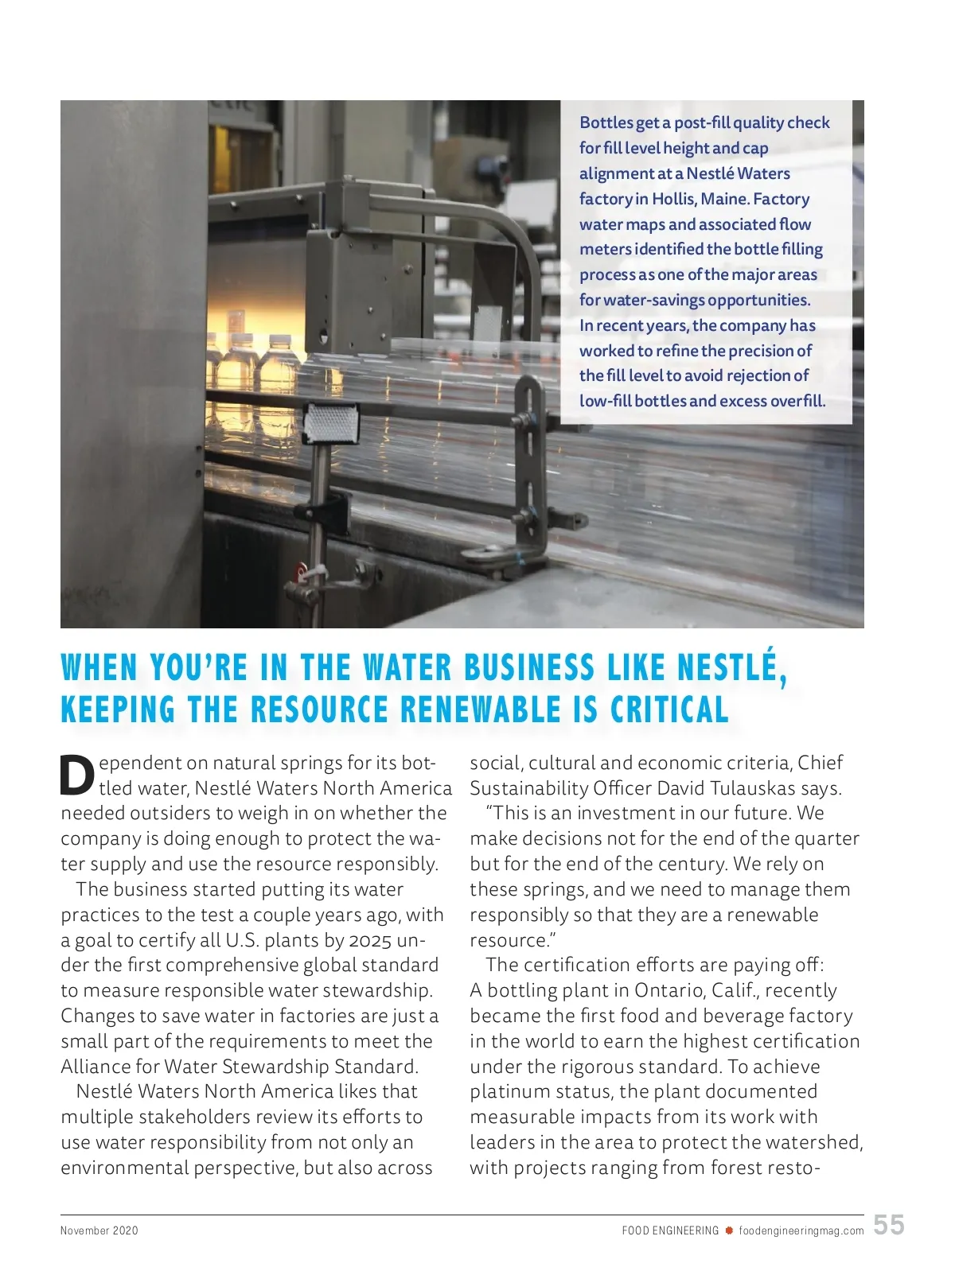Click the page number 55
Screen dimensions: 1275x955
[889, 1224]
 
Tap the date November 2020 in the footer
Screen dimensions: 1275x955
[99, 1230]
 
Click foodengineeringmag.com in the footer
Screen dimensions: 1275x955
[801, 1230]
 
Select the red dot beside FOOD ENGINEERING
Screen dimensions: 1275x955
[728, 1230]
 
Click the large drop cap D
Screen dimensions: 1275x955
[77, 775]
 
